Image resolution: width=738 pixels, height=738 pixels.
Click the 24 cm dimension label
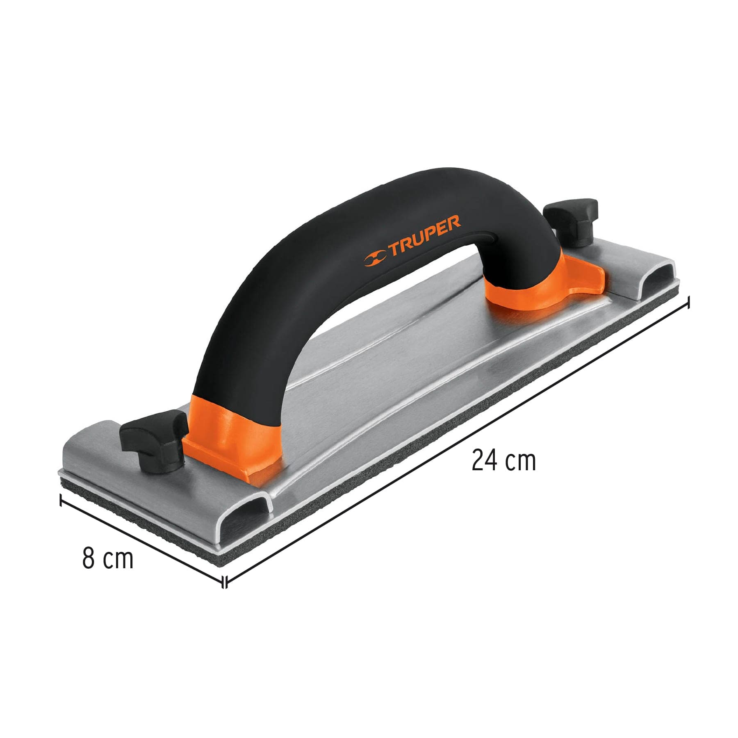click(503, 461)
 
